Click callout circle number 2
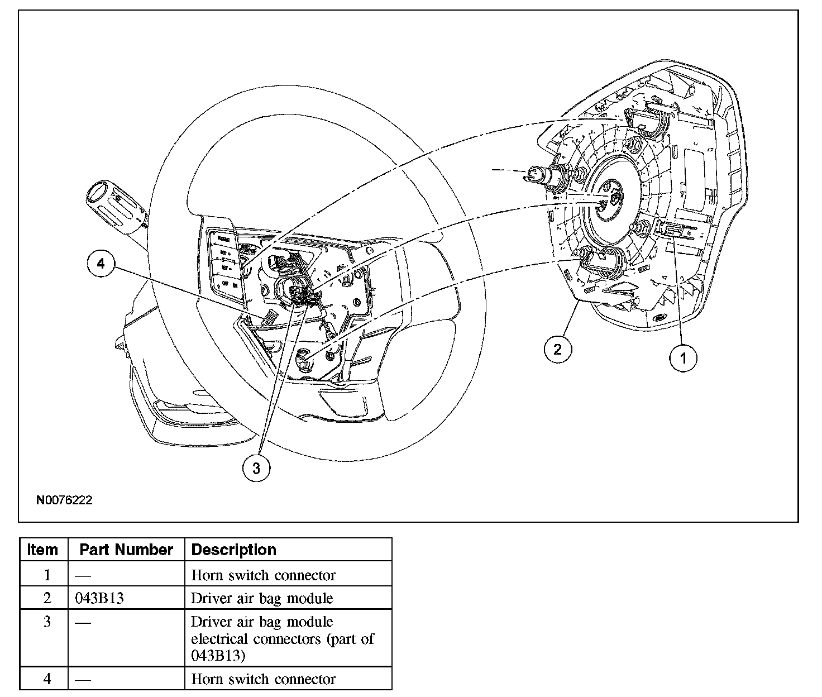tap(558, 350)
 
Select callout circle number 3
tap(256, 468)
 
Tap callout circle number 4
tap(101, 264)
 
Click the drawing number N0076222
tap(64, 500)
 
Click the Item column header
tap(42, 550)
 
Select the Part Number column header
tap(126, 550)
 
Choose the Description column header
tap(234, 550)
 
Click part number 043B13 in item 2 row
tap(99, 598)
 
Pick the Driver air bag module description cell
tap(262, 598)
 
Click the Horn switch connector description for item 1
tap(263, 575)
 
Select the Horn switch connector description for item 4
tap(263, 679)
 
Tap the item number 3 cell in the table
tap(47, 622)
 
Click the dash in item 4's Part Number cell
tap(83, 679)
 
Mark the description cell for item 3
tap(282, 638)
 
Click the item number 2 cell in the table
tap(47, 598)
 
